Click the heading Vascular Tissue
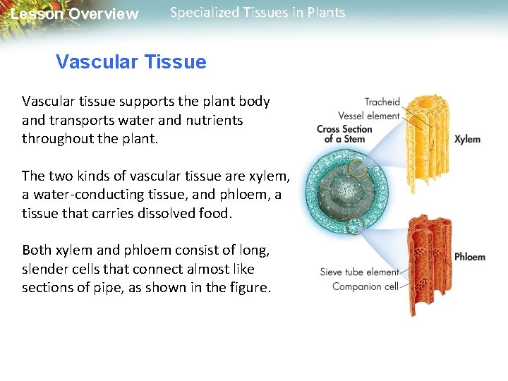click(131, 62)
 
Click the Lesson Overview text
click(75, 14)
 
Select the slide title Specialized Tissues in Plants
click(258, 13)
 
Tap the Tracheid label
click(382, 102)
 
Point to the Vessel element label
click(368, 116)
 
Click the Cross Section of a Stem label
click(344, 133)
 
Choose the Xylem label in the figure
click(467, 139)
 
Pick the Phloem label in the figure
click(469, 257)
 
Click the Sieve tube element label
click(360, 272)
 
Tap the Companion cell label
click(365, 286)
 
